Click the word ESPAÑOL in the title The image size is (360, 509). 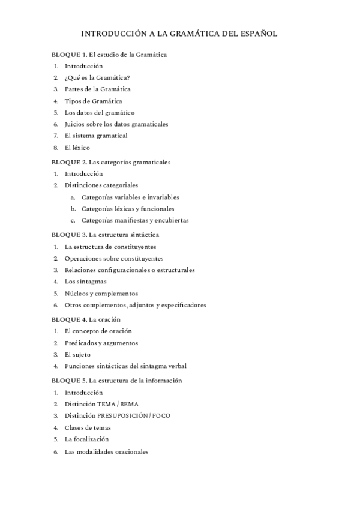(x=257, y=34)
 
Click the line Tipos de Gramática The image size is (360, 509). (x=93, y=101)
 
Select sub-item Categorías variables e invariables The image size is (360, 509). (x=130, y=197)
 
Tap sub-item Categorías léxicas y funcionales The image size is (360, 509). (x=128, y=209)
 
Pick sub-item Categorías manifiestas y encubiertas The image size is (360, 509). (x=135, y=220)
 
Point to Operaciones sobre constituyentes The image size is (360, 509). (x=113, y=259)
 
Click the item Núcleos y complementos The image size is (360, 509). (x=101, y=294)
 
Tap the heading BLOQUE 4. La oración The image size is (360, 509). (x=86, y=319)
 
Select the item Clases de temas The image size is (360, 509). (x=88, y=427)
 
